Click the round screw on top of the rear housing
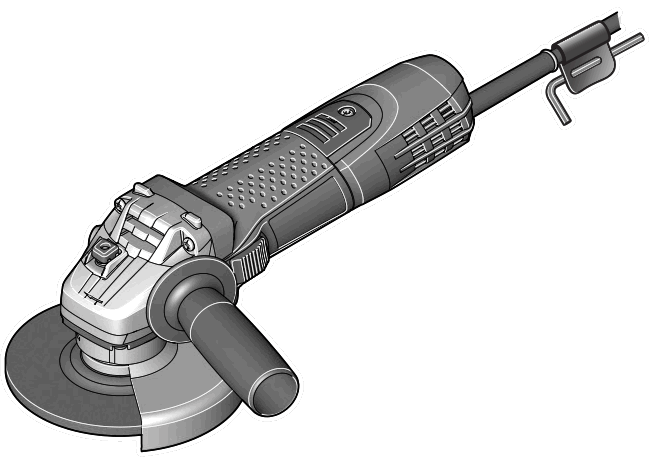[347, 111]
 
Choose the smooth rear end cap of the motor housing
[445, 95]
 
